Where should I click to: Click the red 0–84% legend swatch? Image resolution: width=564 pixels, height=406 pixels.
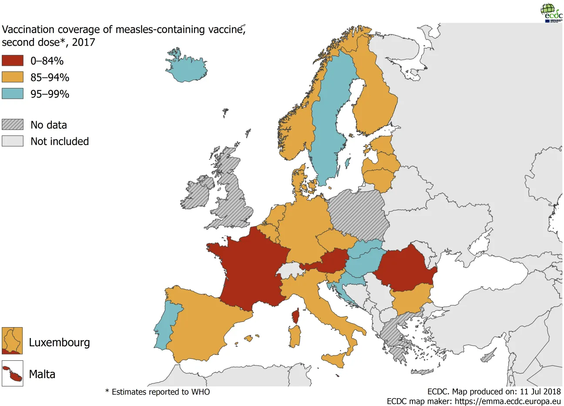12,61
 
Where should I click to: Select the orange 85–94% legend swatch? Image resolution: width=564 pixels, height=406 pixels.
12,77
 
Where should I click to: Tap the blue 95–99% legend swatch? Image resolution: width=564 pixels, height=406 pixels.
12,94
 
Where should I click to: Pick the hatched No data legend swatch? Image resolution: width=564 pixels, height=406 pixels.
12,125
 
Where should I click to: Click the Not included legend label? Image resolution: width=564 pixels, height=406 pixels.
60,141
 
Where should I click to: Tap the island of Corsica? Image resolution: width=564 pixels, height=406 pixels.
296,316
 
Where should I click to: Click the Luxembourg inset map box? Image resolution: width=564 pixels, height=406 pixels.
12,341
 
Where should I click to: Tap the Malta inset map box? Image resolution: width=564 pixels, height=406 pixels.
12,374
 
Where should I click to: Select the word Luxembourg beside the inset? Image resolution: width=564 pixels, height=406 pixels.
60,342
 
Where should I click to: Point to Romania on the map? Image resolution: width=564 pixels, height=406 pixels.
405,270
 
